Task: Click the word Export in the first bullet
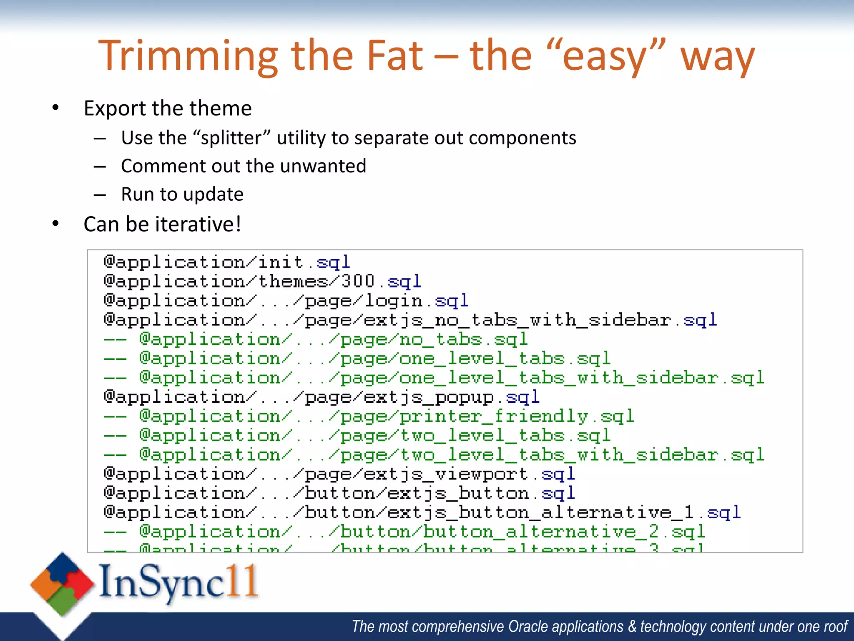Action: coord(115,109)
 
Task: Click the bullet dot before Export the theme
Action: coord(56,108)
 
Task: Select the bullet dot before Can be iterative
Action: coord(56,224)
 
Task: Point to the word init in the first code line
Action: coord(280,262)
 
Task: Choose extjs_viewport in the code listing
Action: coord(446,474)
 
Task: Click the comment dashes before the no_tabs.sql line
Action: coord(115,339)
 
